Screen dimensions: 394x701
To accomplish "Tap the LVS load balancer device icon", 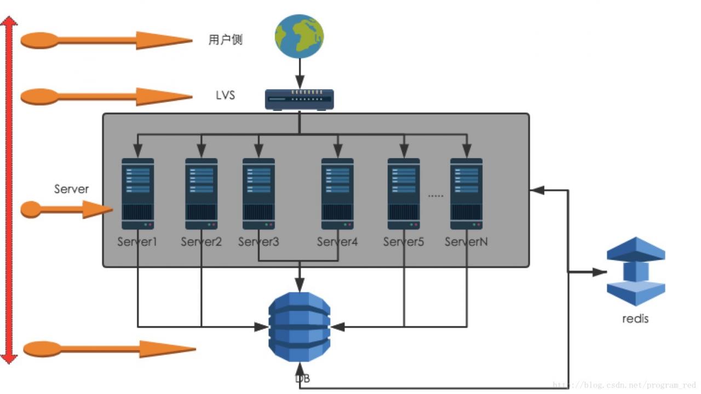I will coord(299,99).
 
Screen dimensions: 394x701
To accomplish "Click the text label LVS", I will coord(225,95).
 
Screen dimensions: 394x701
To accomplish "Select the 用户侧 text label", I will coord(225,39).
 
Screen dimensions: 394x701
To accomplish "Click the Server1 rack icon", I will coord(137,194).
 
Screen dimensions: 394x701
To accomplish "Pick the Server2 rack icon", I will coord(201,194).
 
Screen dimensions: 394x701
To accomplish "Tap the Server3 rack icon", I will coord(258,194).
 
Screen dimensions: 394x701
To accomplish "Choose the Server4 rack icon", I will coord(337,194).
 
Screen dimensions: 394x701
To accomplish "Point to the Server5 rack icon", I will coord(404,194).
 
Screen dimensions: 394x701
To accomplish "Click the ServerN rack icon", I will coord(467,194).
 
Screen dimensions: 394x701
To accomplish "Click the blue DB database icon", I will coord(299,326).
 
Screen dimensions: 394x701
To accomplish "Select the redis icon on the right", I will coord(636,271).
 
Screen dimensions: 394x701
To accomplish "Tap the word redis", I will coord(635,318).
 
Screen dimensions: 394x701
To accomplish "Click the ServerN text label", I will coord(466,241).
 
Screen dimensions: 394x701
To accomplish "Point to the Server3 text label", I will coord(258,241).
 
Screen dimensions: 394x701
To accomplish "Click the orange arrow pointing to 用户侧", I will coord(106,40).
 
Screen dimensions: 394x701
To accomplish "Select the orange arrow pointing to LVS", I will coord(106,97).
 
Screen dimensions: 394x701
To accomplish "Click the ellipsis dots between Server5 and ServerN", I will coord(435,195).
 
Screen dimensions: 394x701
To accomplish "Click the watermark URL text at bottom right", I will coord(624,385).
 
